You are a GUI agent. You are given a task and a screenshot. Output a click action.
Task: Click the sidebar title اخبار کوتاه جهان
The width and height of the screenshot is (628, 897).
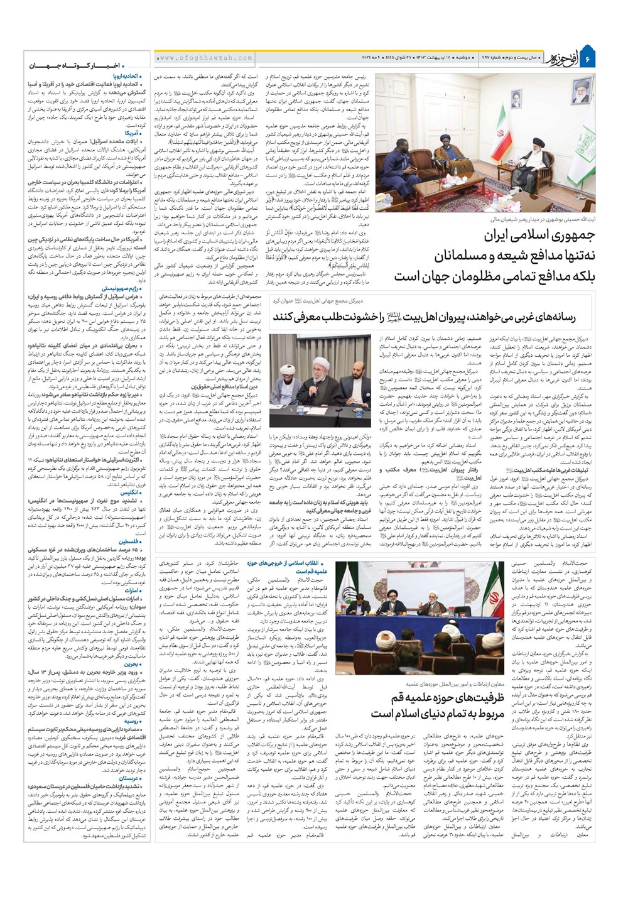point(87,65)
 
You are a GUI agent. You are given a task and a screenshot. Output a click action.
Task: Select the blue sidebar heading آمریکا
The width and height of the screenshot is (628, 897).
point(133,133)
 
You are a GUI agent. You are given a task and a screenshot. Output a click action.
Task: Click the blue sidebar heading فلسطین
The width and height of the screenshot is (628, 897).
point(129,541)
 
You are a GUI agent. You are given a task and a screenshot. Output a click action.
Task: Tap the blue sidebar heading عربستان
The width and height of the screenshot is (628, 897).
point(129,778)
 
